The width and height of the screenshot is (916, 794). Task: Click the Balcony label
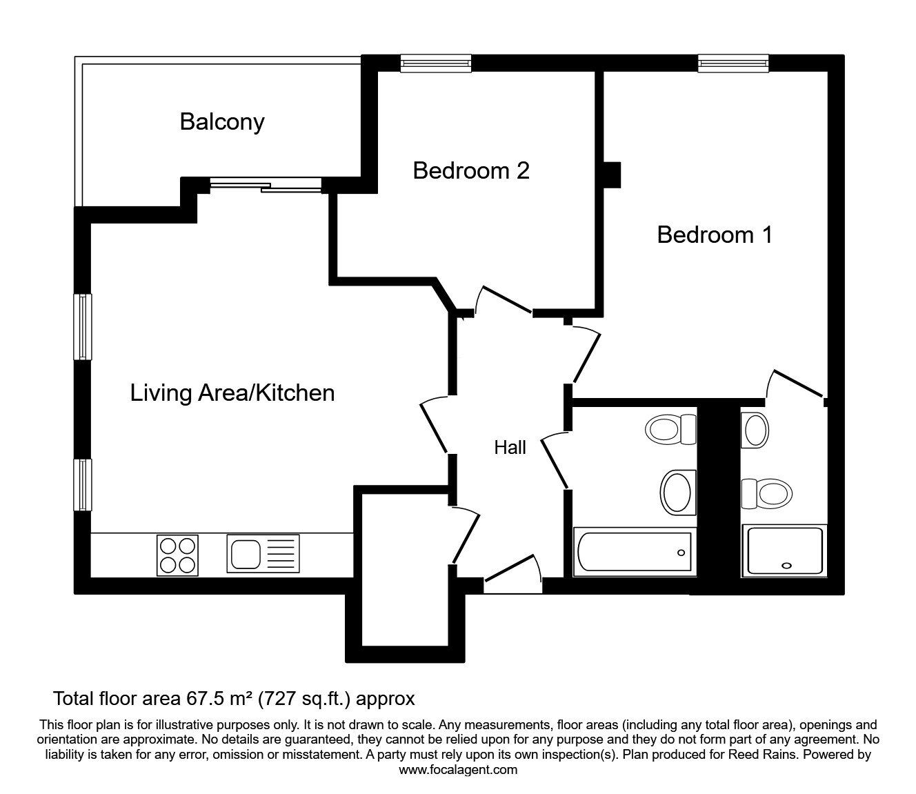pos(222,122)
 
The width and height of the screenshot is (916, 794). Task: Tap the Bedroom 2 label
pos(471,170)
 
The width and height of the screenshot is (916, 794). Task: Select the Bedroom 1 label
pos(715,235)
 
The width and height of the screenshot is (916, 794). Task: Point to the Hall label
pos(510,448)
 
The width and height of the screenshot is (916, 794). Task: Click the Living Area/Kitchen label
pos(232,393)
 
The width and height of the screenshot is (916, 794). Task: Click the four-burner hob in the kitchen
pos(177,555)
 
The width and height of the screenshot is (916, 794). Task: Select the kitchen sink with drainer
pos(263,553)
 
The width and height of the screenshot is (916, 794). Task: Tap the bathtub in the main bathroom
pos(635,551)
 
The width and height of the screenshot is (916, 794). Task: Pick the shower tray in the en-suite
pos(784,550)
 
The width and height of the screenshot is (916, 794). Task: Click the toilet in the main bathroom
pos(671,429)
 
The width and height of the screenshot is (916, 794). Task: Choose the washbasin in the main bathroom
pos(677,493)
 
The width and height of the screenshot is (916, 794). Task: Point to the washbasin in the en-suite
pos(755,430)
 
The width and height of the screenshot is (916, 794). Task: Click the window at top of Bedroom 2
pos(436,63)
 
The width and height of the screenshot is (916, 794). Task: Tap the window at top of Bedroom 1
pos(733,63)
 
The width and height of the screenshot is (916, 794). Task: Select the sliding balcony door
pos(266,185)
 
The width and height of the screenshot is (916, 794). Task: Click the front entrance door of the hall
pos(512,575)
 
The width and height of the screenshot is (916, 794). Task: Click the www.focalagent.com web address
pos(458,770)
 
